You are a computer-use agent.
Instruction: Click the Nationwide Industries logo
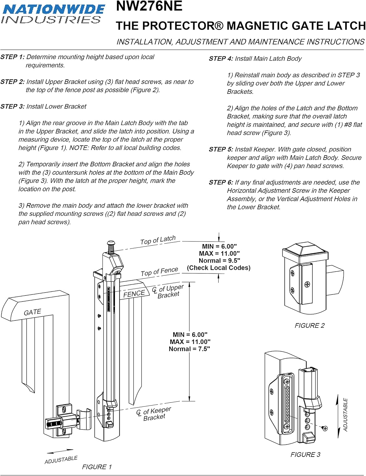(x=53, y=14)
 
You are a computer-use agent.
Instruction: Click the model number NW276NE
(x=149, y=6)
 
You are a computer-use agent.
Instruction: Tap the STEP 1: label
(x=12, y=57)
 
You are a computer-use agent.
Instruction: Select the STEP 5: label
(x=221, y=149)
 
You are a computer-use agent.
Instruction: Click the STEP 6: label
(x=221, y=182)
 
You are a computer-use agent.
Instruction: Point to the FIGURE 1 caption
(x=97, y=467)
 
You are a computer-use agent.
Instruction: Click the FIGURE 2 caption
(x=309, y=326)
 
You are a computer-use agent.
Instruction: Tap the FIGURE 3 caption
(x=305, y=454)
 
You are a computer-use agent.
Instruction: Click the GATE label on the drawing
(x=32, y=312)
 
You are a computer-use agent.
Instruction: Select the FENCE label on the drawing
(x=134, y=294)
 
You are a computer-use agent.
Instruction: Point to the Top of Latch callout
(x=158, y=240)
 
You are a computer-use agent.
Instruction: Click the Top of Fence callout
(x=159, y=272)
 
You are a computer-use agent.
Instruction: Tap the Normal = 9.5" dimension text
(x=219, y=261)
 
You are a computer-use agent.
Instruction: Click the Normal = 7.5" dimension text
(x=189, y=349)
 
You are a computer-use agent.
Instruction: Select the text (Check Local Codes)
(x=219, y=268)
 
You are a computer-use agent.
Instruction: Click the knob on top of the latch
(x=111, y=243)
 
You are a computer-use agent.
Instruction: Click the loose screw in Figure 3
(x=325, y=428)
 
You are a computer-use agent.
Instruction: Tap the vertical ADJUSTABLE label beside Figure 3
(x=345, y=415)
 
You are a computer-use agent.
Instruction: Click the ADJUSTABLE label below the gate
(x=61, y=460)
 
